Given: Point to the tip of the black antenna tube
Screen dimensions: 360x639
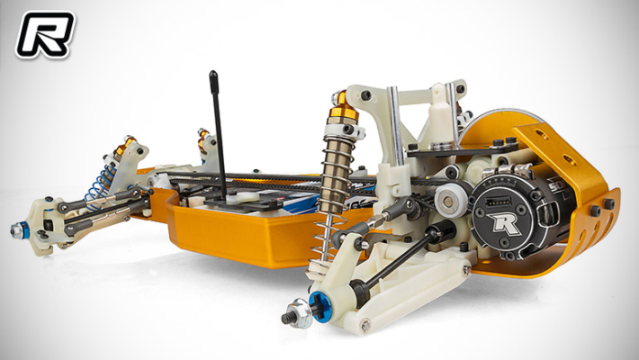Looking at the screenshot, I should [x=213, y=75].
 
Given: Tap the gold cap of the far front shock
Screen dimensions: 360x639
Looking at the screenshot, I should [x=203, y=138].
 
